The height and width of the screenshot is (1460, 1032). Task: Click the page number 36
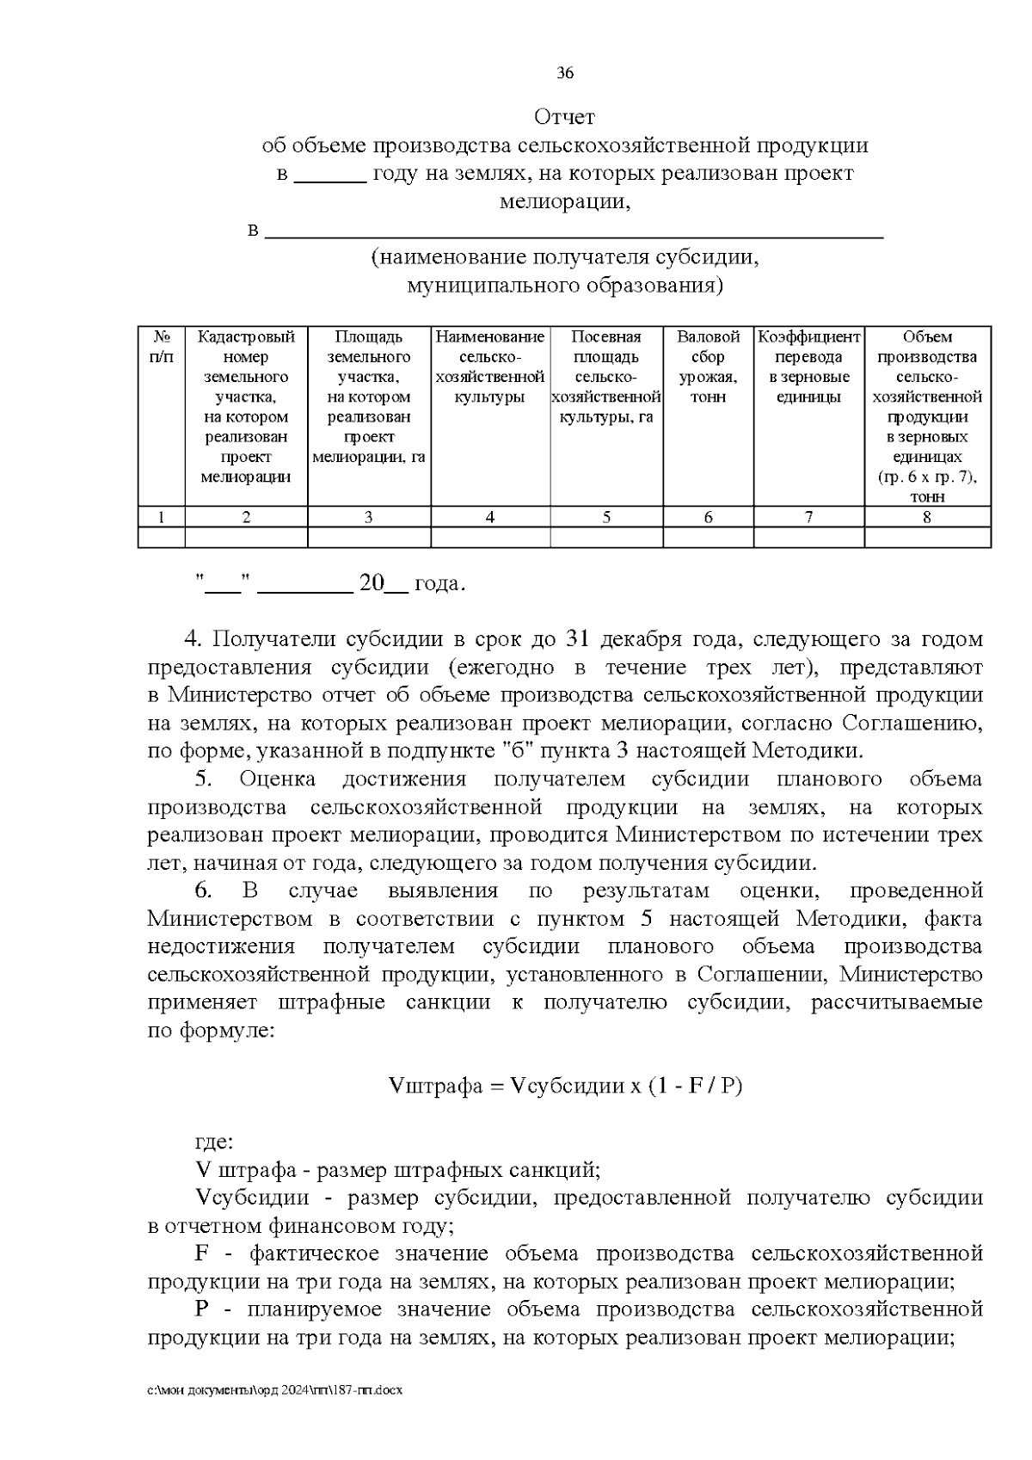click(x=565, y=73)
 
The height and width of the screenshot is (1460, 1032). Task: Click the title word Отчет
click(x=564, y=117)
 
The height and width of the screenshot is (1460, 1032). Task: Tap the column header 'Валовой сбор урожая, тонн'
click(x=708, y=367)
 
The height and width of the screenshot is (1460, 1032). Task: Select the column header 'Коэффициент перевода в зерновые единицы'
click(x=808, y=367)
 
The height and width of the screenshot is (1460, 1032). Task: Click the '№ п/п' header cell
click(x=161, y=347)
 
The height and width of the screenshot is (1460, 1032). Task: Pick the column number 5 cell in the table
click(x=606, y=517)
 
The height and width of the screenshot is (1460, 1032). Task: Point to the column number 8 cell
click(x=927, y=517)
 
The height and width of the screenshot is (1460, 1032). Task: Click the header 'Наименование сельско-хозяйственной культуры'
click(x=490, y=367)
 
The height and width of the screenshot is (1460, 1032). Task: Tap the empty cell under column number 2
click(x=246, y=538)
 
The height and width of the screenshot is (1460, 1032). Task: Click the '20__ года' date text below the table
click(x=412, y=584)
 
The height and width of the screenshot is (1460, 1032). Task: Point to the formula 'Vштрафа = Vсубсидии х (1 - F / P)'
click(x=565, y=1086)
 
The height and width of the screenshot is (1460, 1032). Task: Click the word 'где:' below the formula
click(x=212, y=1143)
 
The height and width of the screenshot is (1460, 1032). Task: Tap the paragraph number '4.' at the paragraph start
click(x=193, y=639)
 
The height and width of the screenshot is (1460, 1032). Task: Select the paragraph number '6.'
click(x=203, y=890)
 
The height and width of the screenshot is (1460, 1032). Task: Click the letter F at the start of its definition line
click(x=204, y=1254)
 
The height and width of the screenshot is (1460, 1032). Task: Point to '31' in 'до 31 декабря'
click(x=576, y=639)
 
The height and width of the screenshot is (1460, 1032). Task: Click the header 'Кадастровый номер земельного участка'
click(x=246, y=407)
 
